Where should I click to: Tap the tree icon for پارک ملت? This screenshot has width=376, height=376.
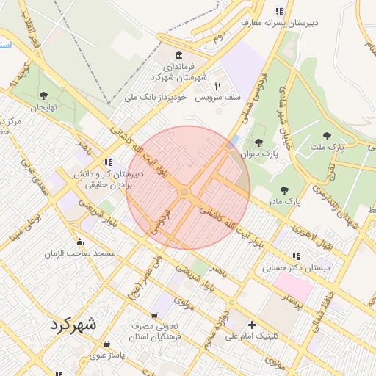[326, 136]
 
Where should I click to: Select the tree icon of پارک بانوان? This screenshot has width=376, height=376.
[258, 142]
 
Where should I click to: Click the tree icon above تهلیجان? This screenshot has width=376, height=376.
[43, 95]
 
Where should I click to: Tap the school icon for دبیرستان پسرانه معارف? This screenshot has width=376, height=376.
[278, 11]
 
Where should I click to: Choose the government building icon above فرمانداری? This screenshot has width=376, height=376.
[179, 55]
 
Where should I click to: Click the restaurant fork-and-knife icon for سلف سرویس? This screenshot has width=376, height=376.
[217, 86]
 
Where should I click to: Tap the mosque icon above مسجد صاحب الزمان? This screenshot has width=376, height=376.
[79, 242]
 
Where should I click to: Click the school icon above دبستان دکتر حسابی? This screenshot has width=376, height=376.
[297, 256]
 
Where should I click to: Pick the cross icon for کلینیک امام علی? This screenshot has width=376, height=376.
[253, 324]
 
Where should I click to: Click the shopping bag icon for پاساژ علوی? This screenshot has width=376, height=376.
[107, 344]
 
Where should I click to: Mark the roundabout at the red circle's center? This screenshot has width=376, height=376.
[185, 192]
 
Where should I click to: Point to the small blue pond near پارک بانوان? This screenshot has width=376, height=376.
[234, 141]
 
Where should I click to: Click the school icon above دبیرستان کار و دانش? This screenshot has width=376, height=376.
[109, 162]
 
